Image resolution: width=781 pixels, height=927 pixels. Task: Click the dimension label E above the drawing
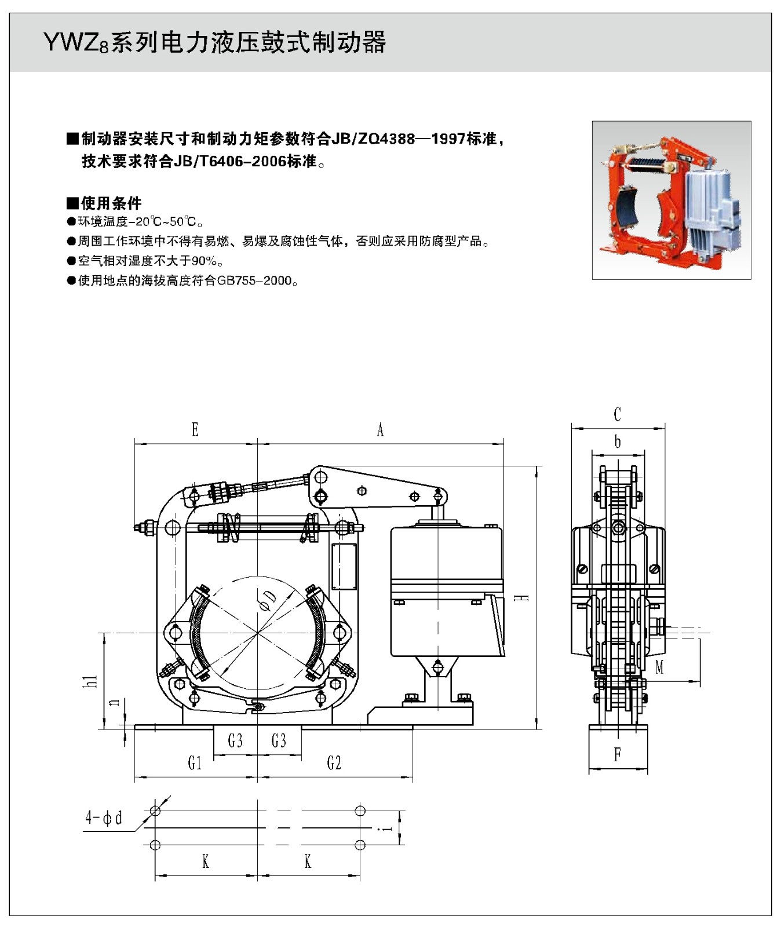click(x=195, y=429)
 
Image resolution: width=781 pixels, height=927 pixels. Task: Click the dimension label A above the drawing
click(x=380, y=430)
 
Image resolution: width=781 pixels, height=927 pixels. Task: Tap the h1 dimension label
click(x=90, y=681)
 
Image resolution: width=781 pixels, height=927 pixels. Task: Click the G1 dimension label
click(x=195, y=763)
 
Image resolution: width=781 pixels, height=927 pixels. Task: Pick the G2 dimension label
click(x=334, y=763)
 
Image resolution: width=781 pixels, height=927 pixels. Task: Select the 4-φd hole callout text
click(x=104, y=817)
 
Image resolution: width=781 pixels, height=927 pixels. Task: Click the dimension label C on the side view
click(x=617, y=414)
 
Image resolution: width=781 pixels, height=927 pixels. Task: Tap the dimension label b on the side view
click(x=618, y=442)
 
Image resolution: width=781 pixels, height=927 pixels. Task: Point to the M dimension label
click(x=659, y=667)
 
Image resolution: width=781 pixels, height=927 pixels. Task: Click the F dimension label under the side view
click(x=618, y=754)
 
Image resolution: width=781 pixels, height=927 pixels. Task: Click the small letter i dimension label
click(x=387, y=829)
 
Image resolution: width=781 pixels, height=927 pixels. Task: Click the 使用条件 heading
click(x=111, y=203)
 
